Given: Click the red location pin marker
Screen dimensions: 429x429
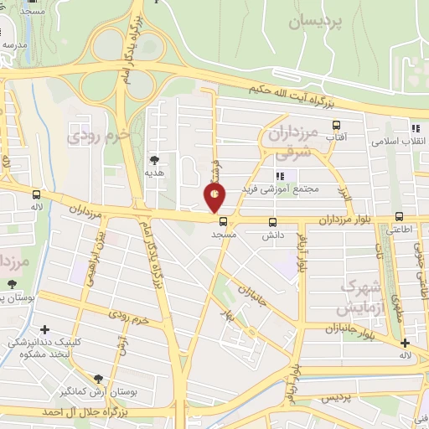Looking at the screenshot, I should pyautogui.click(x=214, y=197).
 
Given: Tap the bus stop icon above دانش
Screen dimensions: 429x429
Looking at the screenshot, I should pyautogui.click(x=272, y=222).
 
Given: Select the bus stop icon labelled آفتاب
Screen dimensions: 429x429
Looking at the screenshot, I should pyautogui.click(x=336, y=124).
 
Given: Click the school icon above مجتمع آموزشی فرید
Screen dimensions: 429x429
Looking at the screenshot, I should pyautogui.click(x=281, y=176).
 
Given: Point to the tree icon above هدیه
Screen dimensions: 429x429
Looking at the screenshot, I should pyautogui.click(x=154, y=158).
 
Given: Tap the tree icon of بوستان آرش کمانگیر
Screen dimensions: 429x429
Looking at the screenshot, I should pyautogui.click(x=100, y=379).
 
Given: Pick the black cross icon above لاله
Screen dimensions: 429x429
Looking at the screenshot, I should pyautogui.click(x=405, y=343).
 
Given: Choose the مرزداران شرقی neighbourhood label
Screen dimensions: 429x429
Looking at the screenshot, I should pyautogui.click(x=293, y=140).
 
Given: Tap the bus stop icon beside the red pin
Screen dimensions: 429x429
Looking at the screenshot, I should pyautogui.click(x=223, y=221).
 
